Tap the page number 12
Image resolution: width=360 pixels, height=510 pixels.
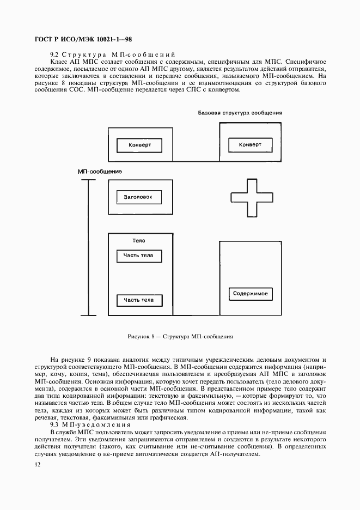[x=38, y=464]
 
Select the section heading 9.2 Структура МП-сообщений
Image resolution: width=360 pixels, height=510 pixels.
[x=112, y=55]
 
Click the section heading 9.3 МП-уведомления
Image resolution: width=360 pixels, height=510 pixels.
[x=90, y=424]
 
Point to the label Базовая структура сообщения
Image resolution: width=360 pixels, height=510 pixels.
[x=240, y=113]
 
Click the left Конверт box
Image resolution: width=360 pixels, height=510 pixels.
[x=139, y=145]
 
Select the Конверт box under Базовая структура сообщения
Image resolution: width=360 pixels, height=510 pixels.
[x=250, y=145]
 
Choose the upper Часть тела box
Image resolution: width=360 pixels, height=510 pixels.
[x=138, y=256]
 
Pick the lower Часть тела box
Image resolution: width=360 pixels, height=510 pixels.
[x=138, y=300]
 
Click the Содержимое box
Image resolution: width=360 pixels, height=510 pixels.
[x=250, y=294]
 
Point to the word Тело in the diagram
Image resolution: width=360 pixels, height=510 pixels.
[x=138, y=240]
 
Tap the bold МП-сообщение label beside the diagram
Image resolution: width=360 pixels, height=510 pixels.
[x=100, y=172]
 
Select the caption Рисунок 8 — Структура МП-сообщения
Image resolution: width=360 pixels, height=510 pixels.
[x=180, y=337]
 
